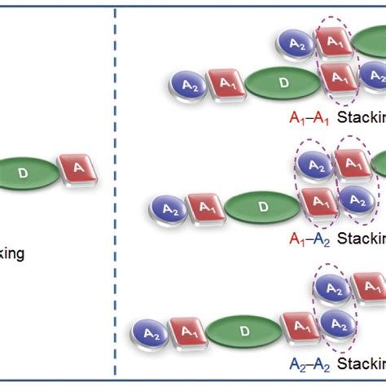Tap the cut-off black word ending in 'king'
[x=11, y=253]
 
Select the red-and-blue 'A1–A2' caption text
[x=307, y=239]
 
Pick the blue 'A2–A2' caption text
[x=307, y=364]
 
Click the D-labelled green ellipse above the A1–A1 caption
[x=282, y=83]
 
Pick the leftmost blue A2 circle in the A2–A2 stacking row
[x=150, y=332]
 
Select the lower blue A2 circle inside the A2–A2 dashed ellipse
[x=332, y=324]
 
